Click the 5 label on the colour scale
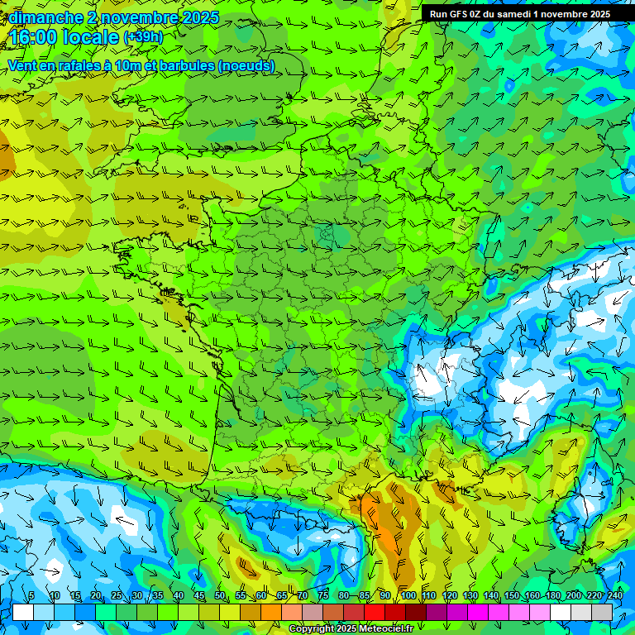[31, 596]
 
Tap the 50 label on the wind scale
[219, 596]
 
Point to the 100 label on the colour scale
[408, 596]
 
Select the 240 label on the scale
[615, 596]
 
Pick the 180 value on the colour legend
[552, 596]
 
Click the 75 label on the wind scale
[322, 596]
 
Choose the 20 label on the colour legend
[95, 596]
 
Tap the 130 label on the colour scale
[470, 596]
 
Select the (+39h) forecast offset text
[143, 37]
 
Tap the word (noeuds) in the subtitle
[246, 66]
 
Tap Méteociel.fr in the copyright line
[387, 629]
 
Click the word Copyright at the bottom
[312, 629]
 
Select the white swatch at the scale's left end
[23, 612]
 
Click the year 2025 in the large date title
[199, 17]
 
